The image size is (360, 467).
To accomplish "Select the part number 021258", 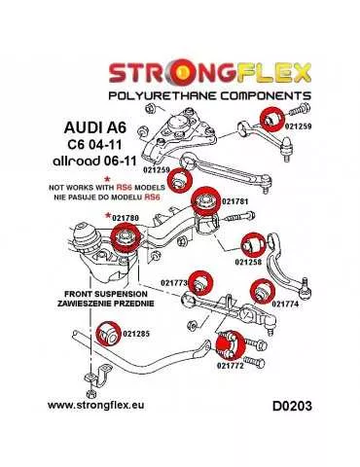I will point(250,263).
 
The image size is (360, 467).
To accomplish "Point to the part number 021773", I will point(174,283).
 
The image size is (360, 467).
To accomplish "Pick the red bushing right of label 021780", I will point(126,236).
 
